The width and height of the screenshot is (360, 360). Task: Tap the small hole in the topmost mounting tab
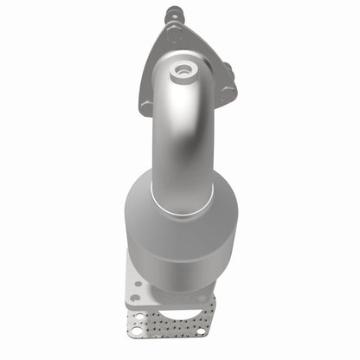[171, 12]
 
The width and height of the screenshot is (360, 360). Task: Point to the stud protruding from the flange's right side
[228, 67]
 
